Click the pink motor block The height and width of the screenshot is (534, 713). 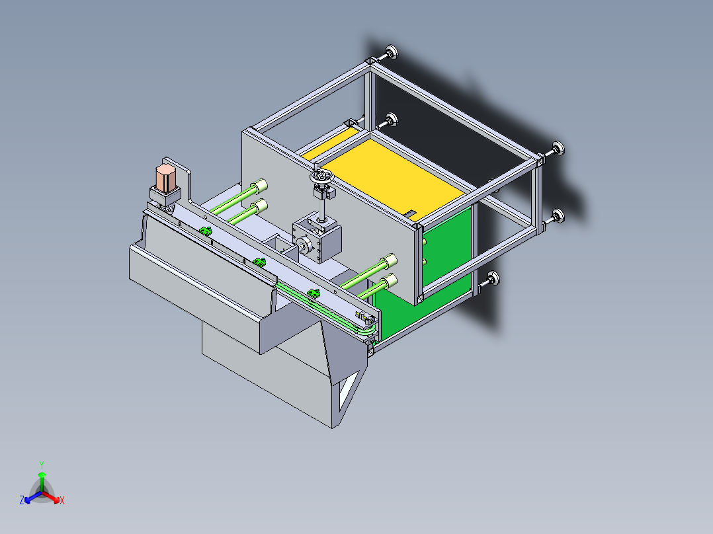165,178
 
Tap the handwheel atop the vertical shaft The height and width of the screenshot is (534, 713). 321,176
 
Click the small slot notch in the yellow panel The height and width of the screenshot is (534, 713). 411,212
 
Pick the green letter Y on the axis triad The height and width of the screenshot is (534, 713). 42,465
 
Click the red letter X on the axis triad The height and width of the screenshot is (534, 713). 62,500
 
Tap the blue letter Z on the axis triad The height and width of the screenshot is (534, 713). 22,500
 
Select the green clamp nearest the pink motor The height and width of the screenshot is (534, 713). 206,231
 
